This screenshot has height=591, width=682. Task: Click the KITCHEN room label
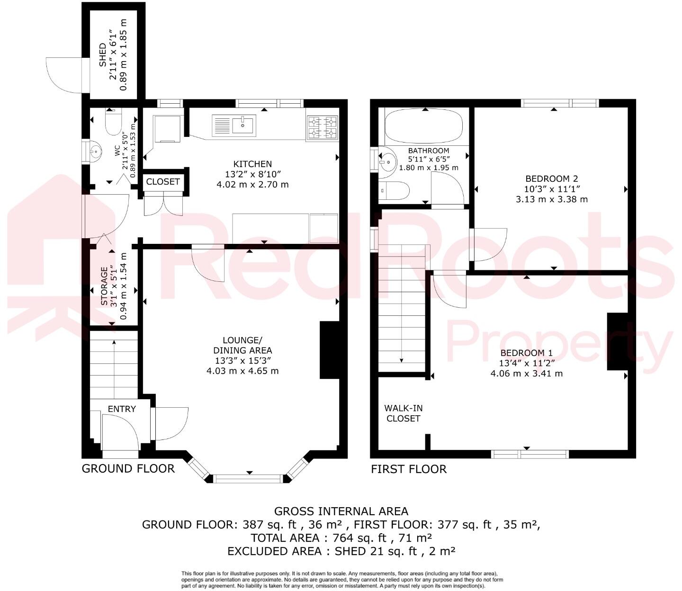point(252,164)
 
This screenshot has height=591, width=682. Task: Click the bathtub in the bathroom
point(423,126)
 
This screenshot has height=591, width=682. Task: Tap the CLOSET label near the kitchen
point(163,182)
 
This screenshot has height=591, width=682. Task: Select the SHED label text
point(103,55)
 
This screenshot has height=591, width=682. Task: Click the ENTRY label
point(122,409)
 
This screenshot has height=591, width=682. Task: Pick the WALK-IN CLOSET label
point(403,413)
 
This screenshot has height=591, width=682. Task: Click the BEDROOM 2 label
point(552,179)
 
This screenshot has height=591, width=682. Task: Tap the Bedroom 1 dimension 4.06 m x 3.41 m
point(527,373)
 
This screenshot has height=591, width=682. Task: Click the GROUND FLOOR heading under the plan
point(128,469)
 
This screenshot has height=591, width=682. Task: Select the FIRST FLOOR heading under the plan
point(408,469)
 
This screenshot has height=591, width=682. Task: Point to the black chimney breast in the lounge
point(330,349)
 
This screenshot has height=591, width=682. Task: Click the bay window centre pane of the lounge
point(249,479)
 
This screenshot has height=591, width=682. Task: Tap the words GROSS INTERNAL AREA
point(341,511)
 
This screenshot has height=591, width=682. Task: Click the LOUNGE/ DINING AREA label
point(242,346)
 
